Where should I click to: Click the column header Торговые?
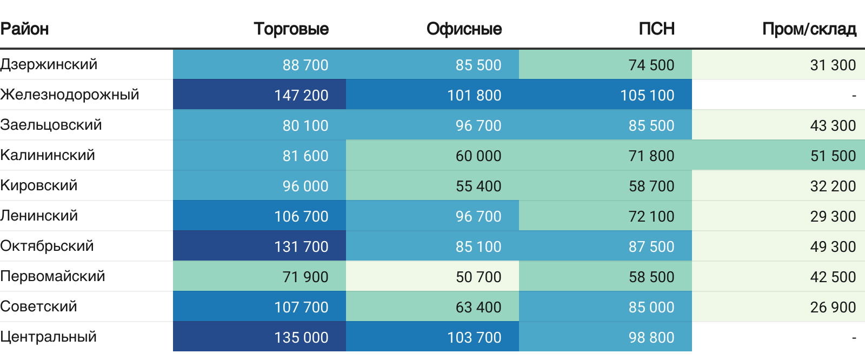click(291, 29)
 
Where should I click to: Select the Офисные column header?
click(464, 29)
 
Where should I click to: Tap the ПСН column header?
click(656, 29)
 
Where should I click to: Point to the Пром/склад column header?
click(809, 29)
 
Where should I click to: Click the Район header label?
click(24, 29)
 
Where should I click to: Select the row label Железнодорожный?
click(70, 95)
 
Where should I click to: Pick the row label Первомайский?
click(52, 276)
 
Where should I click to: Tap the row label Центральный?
click(49, 337)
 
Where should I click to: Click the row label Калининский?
click(48, 155)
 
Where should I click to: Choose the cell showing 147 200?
click(301, 95)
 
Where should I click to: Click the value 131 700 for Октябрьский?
click(301, 246)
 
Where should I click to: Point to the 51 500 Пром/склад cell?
click(833, 156)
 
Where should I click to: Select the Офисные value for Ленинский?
click(478, 216)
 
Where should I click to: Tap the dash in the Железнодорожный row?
click(854, 96)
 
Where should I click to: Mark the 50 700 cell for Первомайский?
click(478, 277)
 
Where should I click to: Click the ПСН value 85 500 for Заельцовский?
click(651, 125)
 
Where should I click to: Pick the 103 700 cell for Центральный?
click(474, 337)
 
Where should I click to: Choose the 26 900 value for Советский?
click(833, 307)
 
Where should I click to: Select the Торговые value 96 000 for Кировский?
click(305, 186)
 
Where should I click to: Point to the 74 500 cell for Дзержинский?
click(651, 65)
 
